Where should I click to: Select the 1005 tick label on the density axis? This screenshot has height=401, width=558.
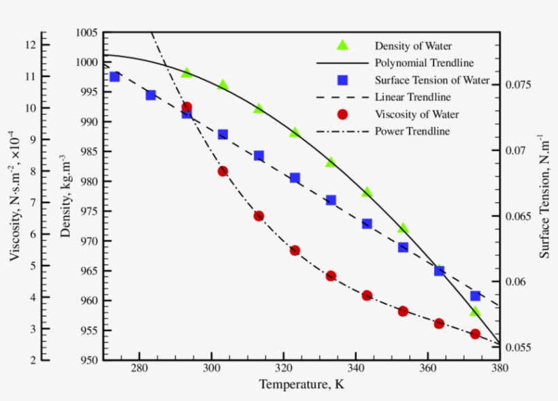tap(86, 33)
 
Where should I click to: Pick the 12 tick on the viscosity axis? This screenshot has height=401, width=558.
tap(30, 44)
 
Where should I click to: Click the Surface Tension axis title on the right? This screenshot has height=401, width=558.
tap(544, 195)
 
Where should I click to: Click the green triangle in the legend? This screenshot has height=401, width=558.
tap(343, 46)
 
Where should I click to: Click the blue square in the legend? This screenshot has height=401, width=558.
tap(343, 80)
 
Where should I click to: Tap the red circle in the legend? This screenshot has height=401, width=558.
tap(343, 114)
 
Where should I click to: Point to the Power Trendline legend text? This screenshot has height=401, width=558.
tap(412, 131)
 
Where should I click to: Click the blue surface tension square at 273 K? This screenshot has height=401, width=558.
tap(114, 76)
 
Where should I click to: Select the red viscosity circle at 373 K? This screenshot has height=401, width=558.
tap(475, 334)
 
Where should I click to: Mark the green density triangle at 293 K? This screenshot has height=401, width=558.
tap(186, 73)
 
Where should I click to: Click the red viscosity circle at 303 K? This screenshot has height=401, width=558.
tap(223, 171)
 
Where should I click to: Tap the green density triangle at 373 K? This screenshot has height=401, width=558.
tap(475, 312)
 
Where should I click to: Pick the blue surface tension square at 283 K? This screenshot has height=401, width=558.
tap(150, 95)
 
